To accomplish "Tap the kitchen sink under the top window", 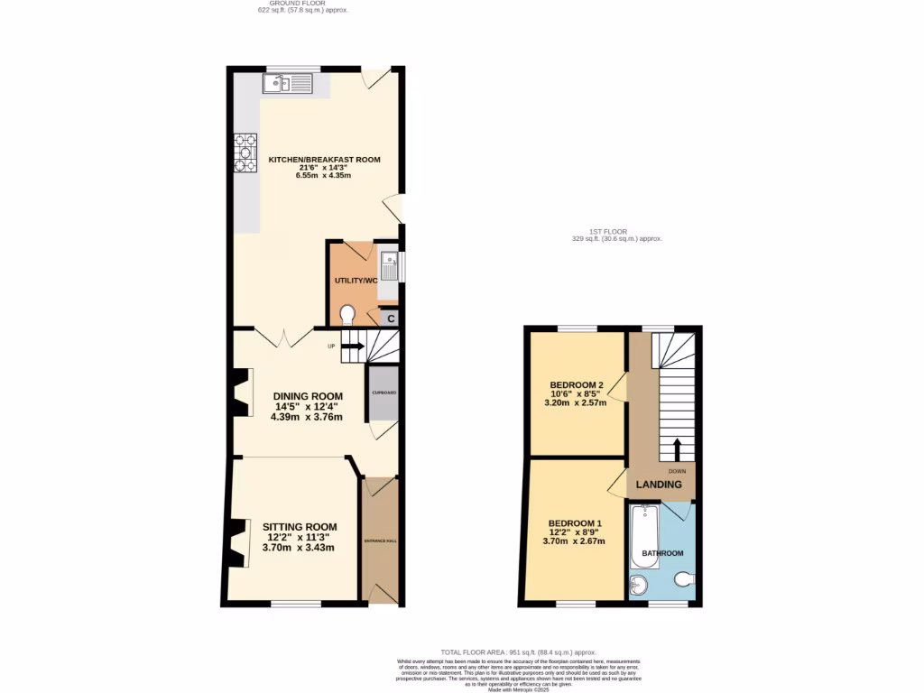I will (286, 85).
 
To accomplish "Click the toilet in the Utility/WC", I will (348, 314).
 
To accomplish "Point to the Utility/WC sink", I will (389, 265).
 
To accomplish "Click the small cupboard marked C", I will (391, 318).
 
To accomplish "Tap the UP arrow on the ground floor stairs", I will (352, 346).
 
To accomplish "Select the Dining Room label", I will (309, 396).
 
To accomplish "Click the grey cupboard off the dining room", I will (382, 394).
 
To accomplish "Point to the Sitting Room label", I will (300, 527).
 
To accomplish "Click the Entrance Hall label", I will (380, 541).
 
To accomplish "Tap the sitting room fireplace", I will (238, 544).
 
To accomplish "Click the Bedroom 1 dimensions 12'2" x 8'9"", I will (574, 532).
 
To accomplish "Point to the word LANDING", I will (659, 485).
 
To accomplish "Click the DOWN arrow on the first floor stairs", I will (677, 448).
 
